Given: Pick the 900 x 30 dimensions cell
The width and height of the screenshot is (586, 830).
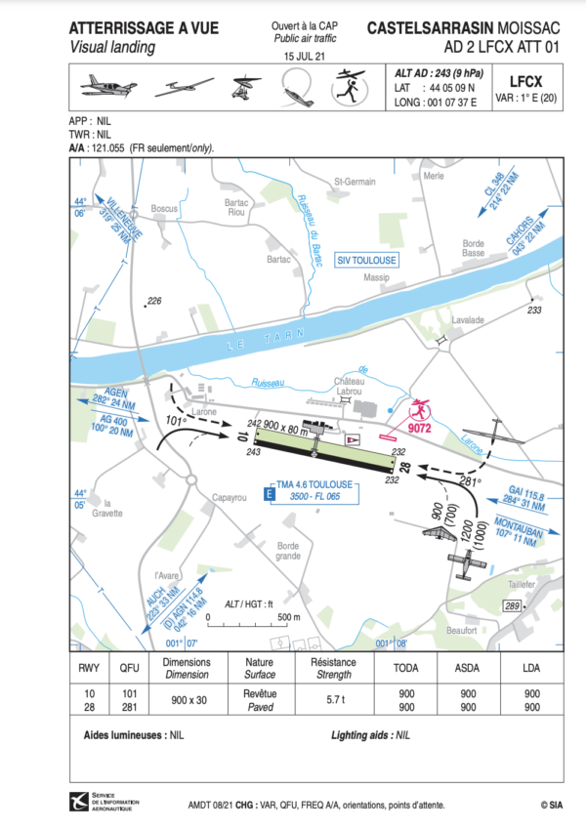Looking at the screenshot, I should (186, 700).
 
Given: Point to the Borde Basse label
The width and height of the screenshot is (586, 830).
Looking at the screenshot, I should (474, 248).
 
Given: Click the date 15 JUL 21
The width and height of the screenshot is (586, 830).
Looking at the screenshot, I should (303, 58).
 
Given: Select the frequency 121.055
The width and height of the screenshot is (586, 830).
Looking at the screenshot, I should (111, 147).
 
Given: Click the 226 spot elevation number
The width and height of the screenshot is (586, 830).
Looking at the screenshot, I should (153, 300).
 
